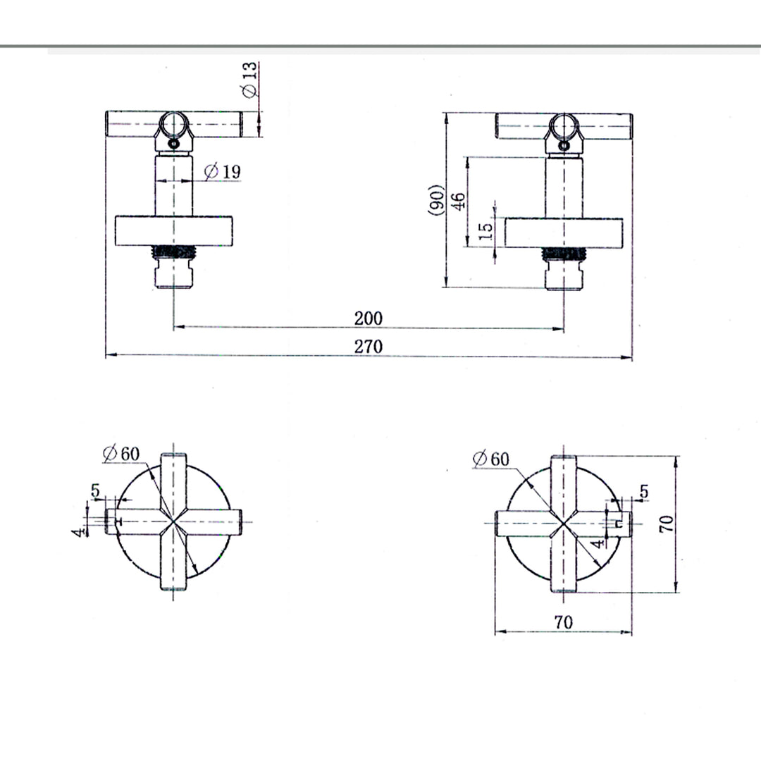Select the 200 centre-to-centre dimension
(368, 318)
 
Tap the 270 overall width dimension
(368, 347)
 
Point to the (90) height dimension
(436, 199)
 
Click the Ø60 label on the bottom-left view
(120, 454)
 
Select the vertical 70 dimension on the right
(667, 523)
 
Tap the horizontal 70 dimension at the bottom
(563, 622)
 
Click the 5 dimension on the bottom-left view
(96, 490)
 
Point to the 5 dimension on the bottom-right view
(644, 493)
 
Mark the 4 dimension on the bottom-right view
(597, 543)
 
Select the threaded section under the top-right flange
(564, 252)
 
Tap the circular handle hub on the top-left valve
(173, 125)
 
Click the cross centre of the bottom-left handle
(173, 522)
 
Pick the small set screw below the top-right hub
(564, 144)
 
